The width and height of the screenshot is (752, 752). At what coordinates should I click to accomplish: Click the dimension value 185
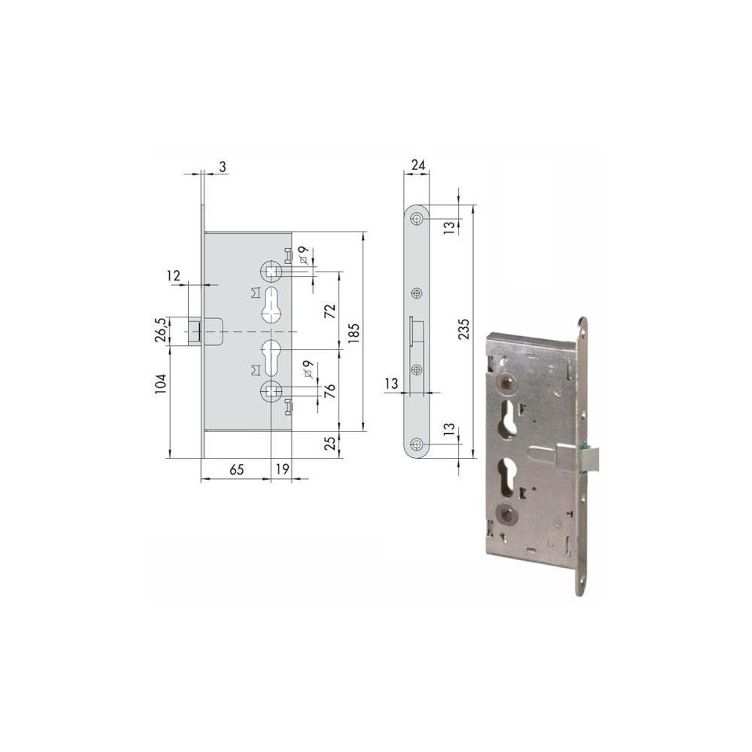click(x=353, y=332)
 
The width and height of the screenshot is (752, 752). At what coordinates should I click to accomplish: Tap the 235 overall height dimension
click(x=464, y=329)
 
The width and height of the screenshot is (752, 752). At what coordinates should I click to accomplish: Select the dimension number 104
click(x=160, y=384)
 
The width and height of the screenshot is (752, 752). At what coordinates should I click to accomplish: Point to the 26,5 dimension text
click(x=160, y=330)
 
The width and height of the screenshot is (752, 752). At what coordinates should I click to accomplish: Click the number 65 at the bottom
click(x=236, y=469)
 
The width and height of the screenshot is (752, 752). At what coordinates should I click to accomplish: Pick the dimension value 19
click(x=283, y=469)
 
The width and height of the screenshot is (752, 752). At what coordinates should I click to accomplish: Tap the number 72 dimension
click(x=330, y=312)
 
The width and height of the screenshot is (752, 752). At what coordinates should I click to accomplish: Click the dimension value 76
click(x=330, y=391)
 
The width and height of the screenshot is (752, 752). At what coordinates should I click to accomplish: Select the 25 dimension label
click(x=330, y=443)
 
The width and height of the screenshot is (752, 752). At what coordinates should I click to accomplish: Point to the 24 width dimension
click(x=418, y=165)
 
